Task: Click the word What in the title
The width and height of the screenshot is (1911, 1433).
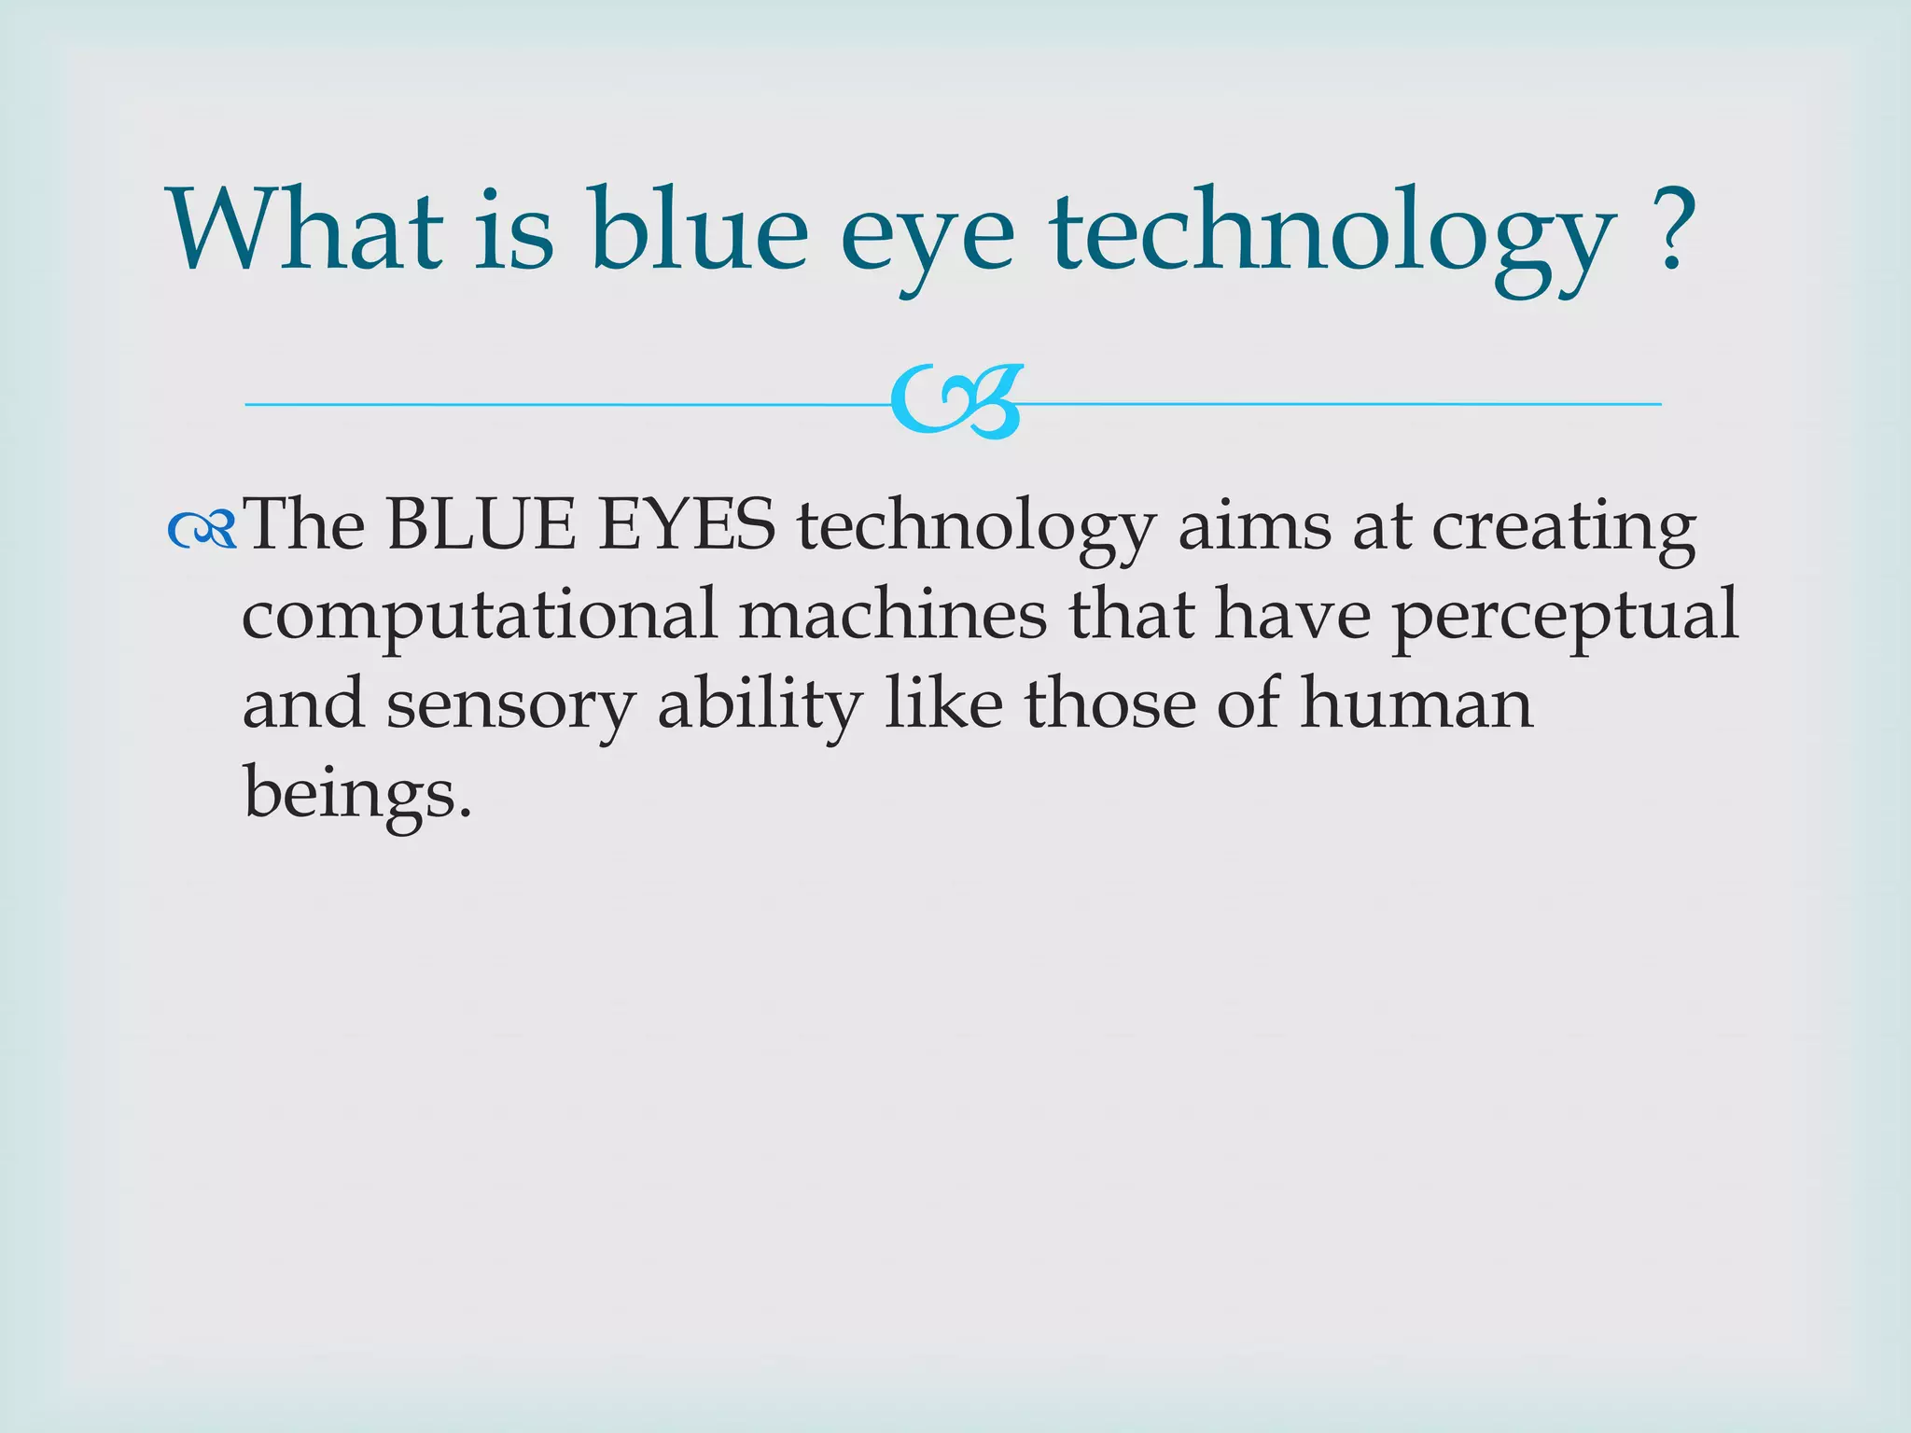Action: (x=305, y=230)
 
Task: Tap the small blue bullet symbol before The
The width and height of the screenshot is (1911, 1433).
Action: (x=202, y=531)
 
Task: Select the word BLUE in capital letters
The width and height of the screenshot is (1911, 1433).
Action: (x=481, y=525)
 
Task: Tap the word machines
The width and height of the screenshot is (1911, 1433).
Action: (x=893, y=614)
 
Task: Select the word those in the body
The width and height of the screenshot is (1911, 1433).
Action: (x=1110, y=703)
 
